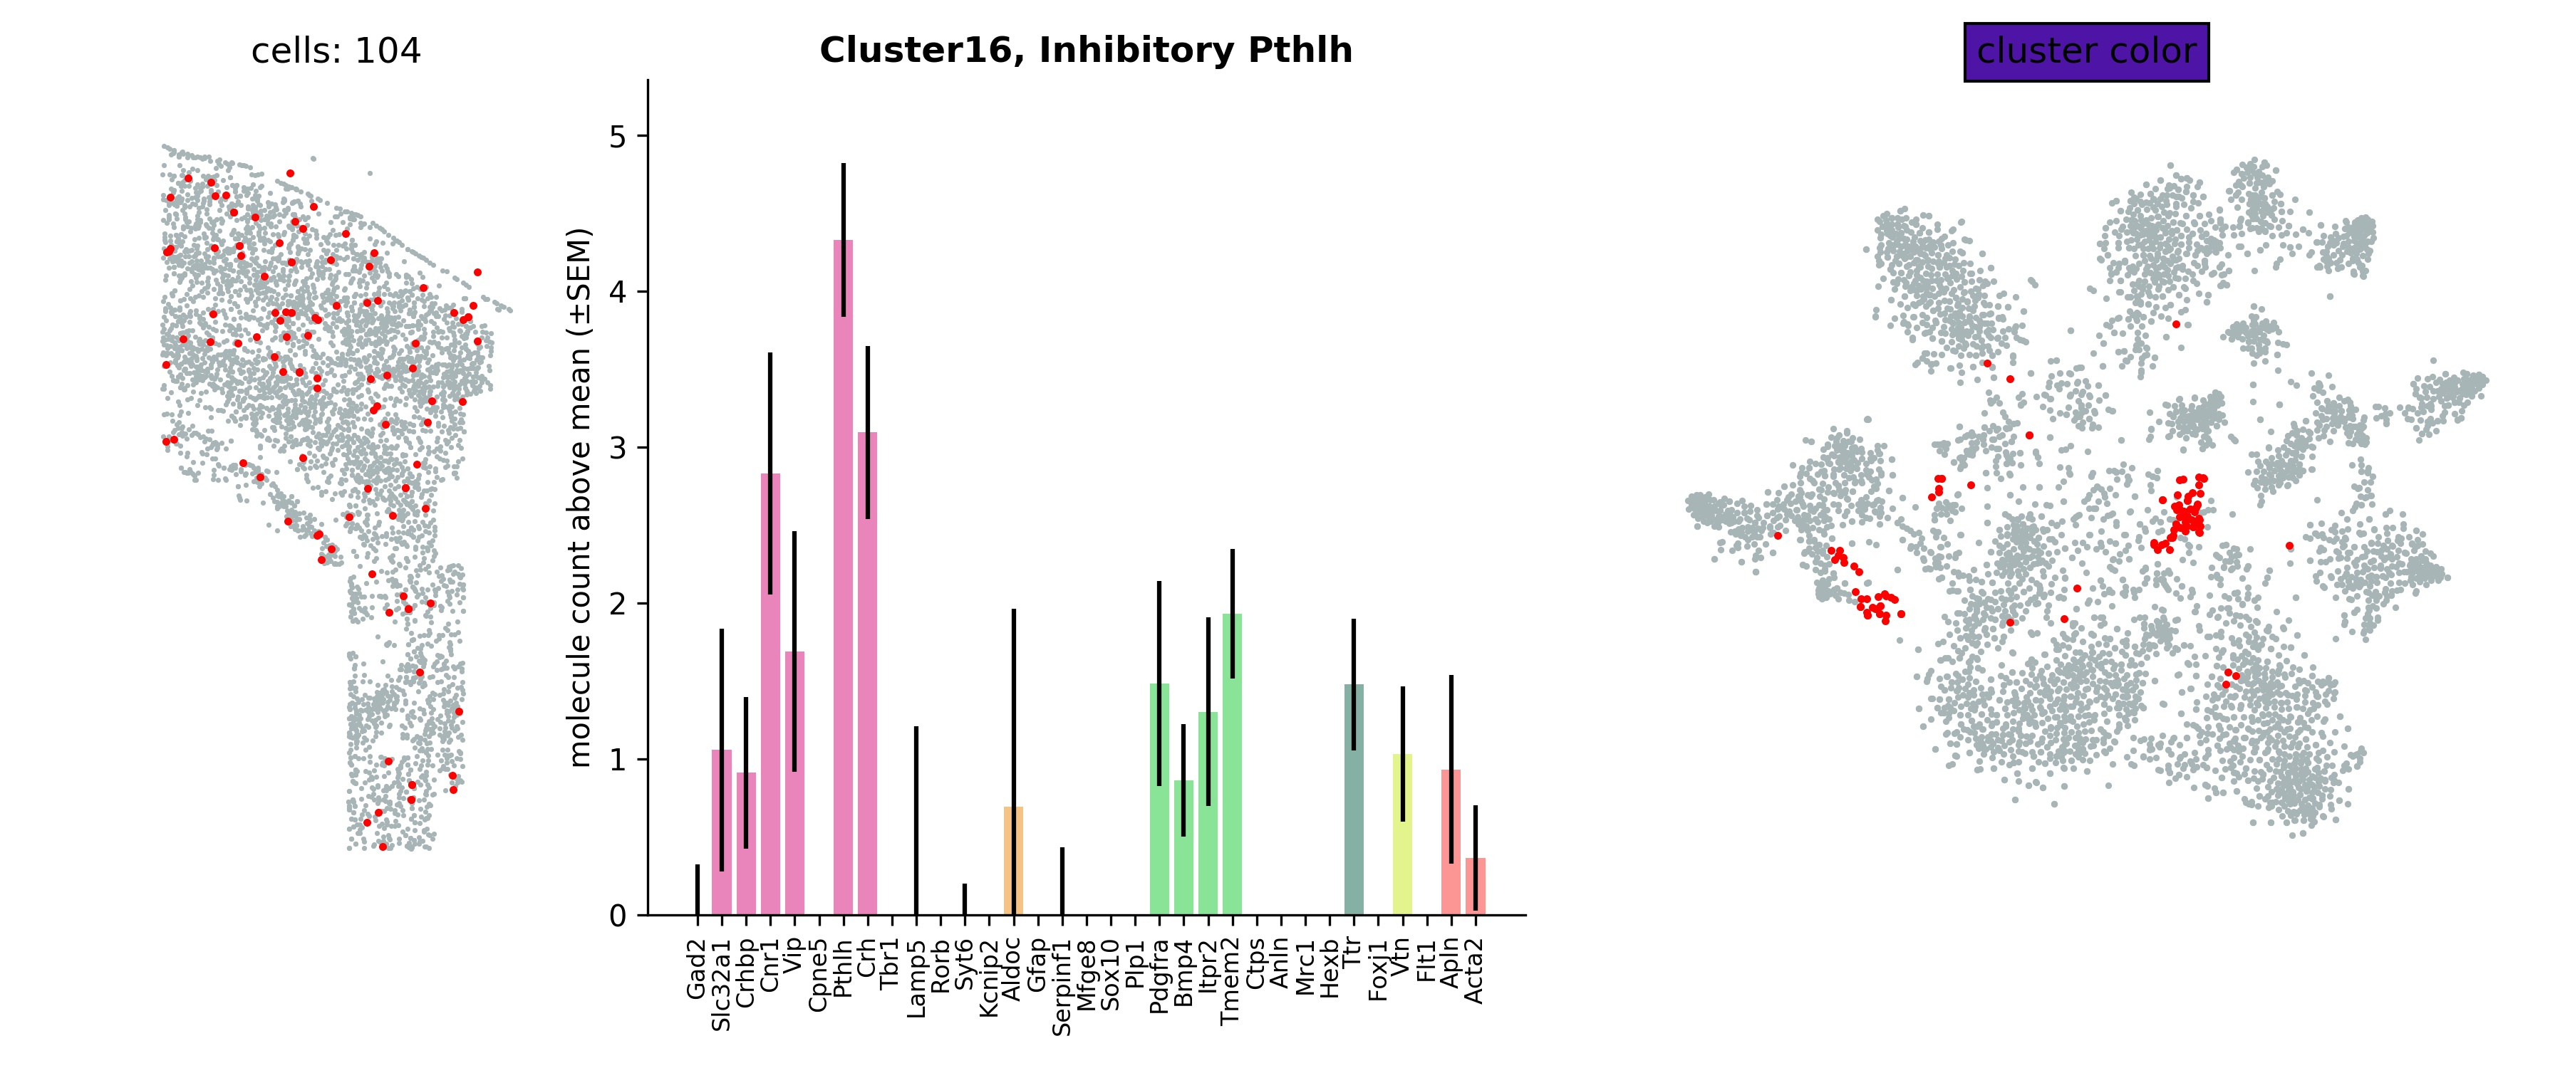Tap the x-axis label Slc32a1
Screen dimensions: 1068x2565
722,985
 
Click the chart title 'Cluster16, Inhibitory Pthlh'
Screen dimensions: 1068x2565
1085,51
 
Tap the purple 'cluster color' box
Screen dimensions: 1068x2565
2086,52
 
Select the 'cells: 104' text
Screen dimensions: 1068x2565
336,51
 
